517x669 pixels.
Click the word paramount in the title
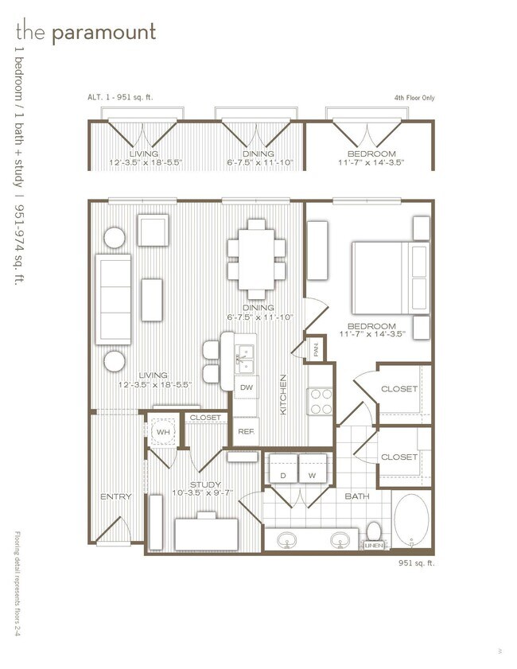103,33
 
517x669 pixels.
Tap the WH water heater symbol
163,432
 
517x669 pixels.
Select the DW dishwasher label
246,387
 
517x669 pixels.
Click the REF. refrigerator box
245,431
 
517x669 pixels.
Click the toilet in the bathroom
374,531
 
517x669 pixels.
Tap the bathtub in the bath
413,520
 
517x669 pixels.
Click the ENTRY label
116,497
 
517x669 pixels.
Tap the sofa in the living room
113,299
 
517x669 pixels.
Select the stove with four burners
319,402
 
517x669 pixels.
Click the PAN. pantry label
315,347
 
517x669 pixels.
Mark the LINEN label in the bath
373,545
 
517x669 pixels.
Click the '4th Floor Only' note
414,99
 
